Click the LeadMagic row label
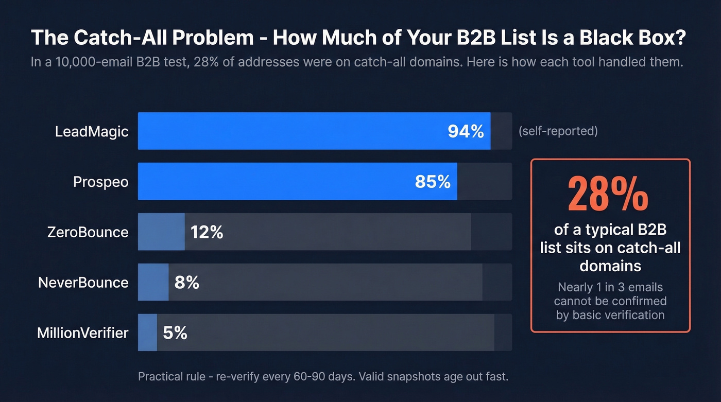92,131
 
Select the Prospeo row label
101,182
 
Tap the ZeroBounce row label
88,232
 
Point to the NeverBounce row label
83,283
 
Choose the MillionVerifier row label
82,333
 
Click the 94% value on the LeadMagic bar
466,131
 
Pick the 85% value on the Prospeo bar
433,182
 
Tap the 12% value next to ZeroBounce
207,232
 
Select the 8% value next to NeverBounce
186,283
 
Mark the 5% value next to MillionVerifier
175,333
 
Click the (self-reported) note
558,131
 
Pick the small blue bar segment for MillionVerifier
147,333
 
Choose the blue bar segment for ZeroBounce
161,232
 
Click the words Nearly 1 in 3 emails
610,287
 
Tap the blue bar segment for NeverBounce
153,282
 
